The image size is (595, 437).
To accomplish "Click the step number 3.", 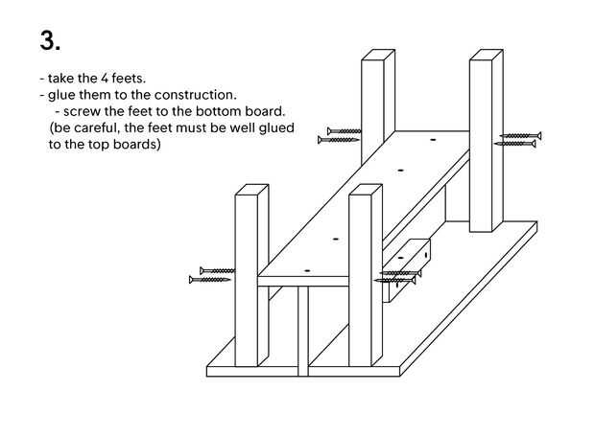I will [x=50, y=40].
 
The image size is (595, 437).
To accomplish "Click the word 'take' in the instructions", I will [x=63, y=78].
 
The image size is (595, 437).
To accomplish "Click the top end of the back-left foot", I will [x=378, y=57].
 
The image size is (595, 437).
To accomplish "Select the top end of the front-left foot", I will [x=250, y=189].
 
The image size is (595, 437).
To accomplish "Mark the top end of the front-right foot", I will [x=367, y=191].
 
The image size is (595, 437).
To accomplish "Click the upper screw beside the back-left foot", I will [x=342, y=130].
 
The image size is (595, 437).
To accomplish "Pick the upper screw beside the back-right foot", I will [x=520, y=135].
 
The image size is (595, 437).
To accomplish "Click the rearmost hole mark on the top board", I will [x=432, y=141].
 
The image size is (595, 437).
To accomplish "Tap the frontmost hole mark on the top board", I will [x=308, y=271].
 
